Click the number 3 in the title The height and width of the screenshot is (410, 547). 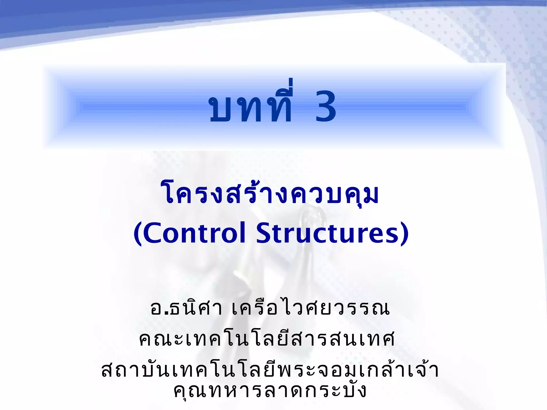click(x=325, y=106)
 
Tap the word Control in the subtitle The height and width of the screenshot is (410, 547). click(x=194, y=233)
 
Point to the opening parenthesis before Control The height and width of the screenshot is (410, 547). click(x=138, y=233)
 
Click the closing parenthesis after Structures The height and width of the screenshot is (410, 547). click(x=405, y=233)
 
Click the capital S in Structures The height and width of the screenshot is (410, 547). click(x=264, y=233)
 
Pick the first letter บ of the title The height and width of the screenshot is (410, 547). click(x=220, y=109)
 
